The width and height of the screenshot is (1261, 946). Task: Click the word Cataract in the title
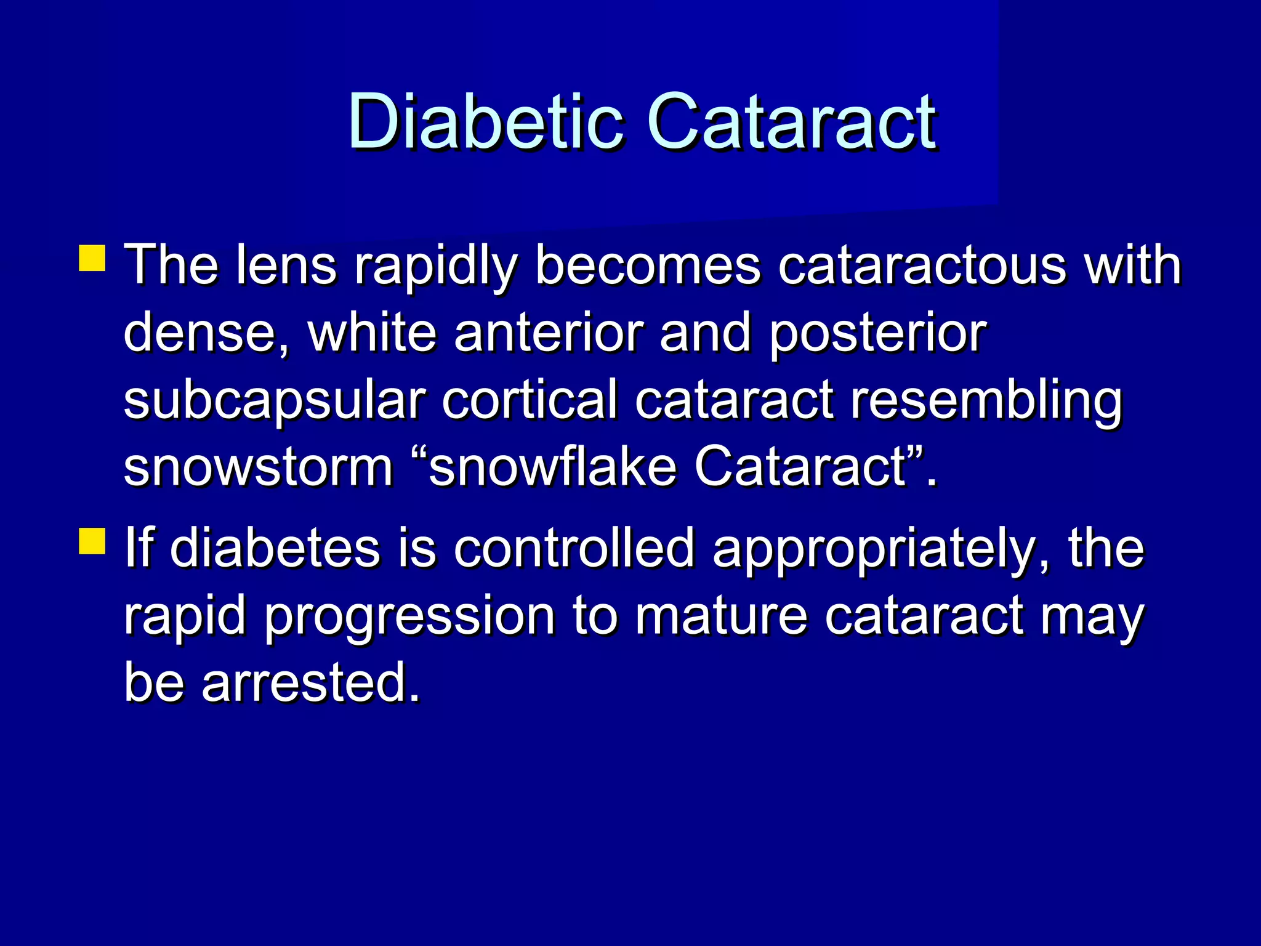point(792,121)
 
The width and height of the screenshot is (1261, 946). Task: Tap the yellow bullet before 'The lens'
point(92,259)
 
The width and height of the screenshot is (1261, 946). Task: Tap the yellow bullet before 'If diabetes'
point(92,541)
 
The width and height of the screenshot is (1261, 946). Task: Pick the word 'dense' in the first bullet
point(200,333)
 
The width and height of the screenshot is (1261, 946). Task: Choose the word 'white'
point(372,333)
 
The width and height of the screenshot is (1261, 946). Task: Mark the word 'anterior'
point(548,333)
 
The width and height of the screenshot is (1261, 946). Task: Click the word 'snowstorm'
point(259,468)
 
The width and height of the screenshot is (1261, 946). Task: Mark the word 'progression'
point(410,618)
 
